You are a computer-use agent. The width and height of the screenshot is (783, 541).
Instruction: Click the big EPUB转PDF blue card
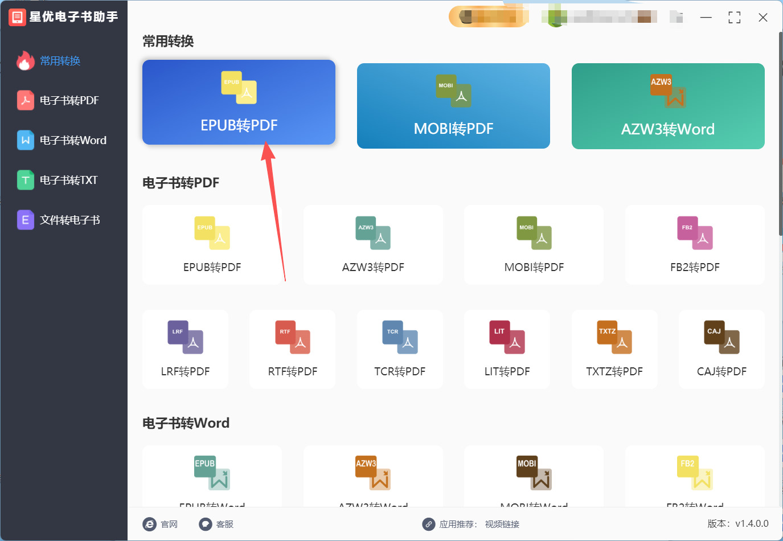point(239,103)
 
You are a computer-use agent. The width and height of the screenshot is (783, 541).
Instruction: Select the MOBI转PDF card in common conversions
point(453,106)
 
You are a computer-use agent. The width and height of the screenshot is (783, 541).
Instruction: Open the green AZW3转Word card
point(667,106)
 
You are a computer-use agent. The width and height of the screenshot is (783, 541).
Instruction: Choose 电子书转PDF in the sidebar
point(69,101)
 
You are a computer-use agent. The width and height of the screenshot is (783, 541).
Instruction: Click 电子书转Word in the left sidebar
point(72,141)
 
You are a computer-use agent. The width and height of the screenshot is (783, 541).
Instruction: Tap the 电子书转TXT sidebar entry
point(68,181)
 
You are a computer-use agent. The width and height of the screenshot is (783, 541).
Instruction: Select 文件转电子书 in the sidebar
point(69,220)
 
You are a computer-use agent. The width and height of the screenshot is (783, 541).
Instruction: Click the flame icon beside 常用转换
point(25,61)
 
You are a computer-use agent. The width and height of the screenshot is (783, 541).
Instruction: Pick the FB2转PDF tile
point(695,245)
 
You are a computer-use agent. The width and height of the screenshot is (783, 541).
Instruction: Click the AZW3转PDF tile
point(373,245)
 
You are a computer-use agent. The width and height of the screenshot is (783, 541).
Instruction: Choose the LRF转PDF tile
point(185,350)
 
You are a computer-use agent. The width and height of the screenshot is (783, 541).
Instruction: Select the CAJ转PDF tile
point(721,350)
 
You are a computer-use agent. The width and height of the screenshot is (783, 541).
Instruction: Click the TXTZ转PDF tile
point(614,350)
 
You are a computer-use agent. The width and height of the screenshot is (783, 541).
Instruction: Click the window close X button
point(763,18)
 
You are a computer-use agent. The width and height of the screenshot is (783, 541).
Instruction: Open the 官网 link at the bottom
point(161,524)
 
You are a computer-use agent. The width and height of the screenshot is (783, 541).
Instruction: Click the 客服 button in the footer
point(216,524)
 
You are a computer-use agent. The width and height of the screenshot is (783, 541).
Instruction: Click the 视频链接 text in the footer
point(502,524)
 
